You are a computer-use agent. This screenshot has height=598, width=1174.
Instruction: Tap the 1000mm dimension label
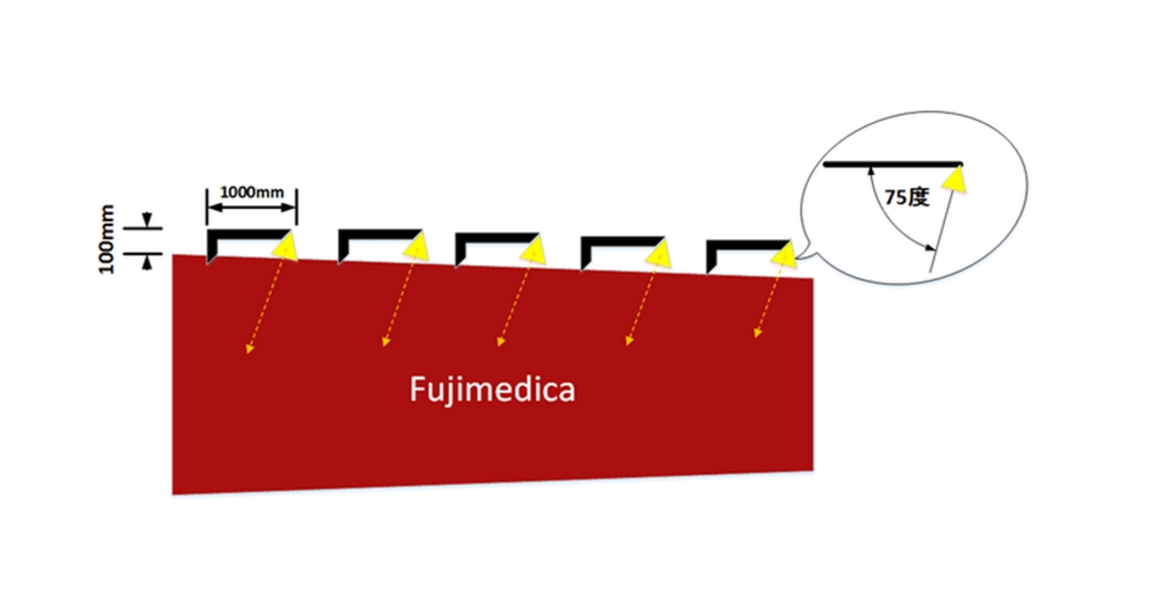(x=252, y=192)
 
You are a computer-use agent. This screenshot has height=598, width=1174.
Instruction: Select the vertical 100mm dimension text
(x=108, y=238)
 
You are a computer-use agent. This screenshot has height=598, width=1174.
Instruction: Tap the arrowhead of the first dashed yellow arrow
(x=250, y=348)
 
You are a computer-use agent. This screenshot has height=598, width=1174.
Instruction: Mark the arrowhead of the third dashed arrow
(x=501, y=343)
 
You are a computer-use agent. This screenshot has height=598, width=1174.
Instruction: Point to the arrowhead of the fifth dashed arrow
(x=757, y=334)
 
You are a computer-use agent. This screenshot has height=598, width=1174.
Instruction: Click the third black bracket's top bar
(x=496, y=235)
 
